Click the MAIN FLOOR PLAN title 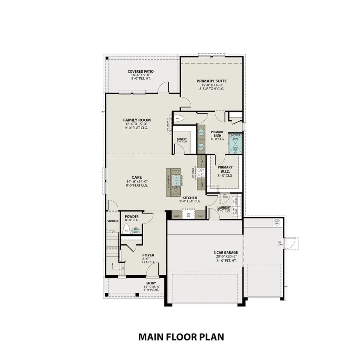click(x=181, y=337)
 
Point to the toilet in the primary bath click(x=178, y=118)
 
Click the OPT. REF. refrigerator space click(x=188, y=215)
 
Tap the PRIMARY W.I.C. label click(x=225, y=171)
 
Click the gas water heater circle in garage click(x=276, y=222)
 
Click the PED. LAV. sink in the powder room click(x=136, y=230)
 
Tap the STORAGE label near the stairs click(x=113, y=221)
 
